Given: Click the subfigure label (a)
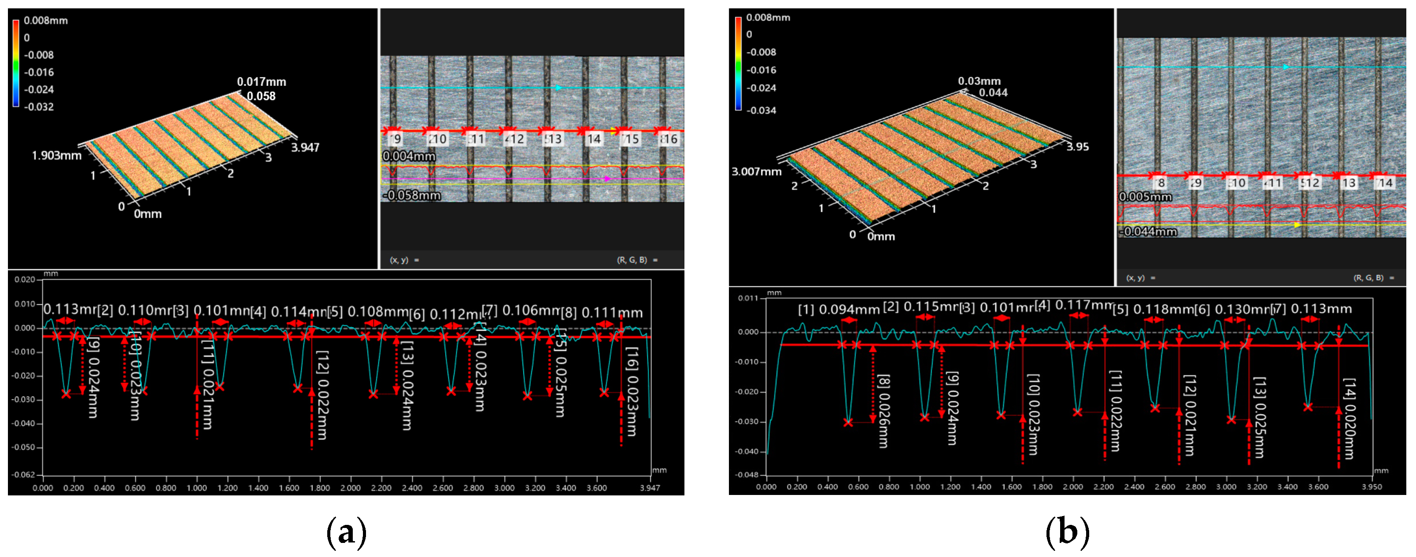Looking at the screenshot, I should pos(346,532).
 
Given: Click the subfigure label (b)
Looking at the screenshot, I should pos(1066,532).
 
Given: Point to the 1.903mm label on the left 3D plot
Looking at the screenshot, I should pos(57,155).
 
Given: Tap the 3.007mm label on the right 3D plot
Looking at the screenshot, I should pos(756,172).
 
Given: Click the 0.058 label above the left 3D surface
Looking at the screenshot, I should pos(261,96).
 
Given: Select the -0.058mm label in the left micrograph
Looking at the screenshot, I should pos(412,195).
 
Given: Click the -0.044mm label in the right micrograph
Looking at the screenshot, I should pos(1148,231).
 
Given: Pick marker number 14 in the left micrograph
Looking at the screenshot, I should pos(593,139).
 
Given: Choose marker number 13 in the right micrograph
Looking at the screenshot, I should pos(1348,183).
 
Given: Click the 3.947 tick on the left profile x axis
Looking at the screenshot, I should pos(650,488).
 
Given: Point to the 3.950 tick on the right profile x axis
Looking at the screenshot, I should pos(1372,487).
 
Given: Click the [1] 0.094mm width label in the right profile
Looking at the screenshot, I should pos(838,310).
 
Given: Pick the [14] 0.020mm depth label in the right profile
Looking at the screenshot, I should pos(1349,418).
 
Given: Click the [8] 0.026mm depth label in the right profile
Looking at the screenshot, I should pos(883,411).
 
